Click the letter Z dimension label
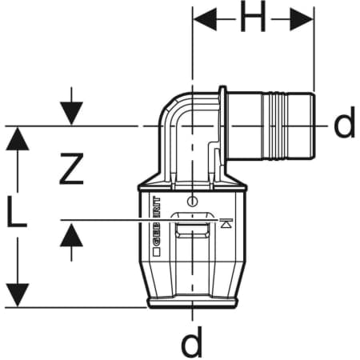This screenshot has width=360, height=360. click(x=71, y=169)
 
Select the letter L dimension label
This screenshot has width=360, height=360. click(x=17, y=211)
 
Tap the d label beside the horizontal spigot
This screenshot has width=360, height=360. click(x=344, y=122)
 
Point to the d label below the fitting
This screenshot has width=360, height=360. click(x=191, y=342)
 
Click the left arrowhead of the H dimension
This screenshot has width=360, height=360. click(x=205, y=19)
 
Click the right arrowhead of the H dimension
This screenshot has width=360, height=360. click(x=302, y=19)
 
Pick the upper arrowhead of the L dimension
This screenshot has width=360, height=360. click(x=18, y=138)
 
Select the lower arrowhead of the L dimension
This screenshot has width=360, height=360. click(x=18, y=295)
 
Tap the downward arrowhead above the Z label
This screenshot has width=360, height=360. click(x=71, y=113)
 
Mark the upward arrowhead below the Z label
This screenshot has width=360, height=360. click(x=71, y=234)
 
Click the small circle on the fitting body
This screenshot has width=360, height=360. click(x=192, y=201)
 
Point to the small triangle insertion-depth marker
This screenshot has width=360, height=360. click(x=226, y=222)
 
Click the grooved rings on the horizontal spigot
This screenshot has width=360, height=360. click(x=275, y=126)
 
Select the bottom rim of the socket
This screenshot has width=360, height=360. click(x=192, y=303)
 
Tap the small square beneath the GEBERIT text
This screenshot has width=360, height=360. click(x=157, y=252)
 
